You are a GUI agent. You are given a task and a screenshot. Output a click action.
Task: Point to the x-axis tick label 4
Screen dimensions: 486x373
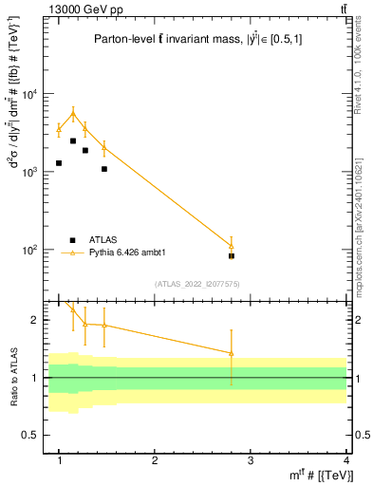345,460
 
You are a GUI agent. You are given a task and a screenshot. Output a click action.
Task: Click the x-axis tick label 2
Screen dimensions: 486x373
155,460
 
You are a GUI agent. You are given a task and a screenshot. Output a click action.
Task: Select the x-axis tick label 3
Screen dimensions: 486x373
250,460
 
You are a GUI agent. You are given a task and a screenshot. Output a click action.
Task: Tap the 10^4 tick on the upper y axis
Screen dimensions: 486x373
29,94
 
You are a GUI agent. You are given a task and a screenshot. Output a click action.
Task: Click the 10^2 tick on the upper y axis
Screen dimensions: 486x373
29,250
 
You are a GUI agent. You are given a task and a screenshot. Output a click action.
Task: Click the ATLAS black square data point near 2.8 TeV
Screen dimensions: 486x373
232,256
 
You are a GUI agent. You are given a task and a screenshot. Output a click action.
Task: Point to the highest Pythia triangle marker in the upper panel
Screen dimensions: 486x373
73,114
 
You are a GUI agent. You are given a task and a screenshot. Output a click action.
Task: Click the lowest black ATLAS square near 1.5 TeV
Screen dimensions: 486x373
104,169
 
